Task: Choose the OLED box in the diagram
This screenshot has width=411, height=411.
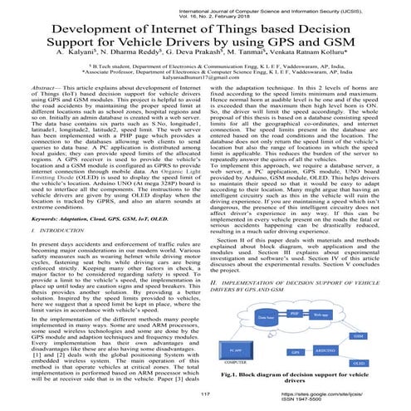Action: coord(359,363)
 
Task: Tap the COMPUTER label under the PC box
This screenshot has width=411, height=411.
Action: coord(234,365)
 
